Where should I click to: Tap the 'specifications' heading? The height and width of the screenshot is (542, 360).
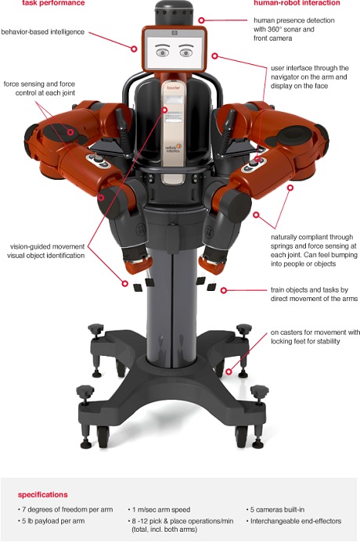(x=42, y=494)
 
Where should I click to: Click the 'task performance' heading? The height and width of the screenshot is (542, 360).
(x=53, y=3)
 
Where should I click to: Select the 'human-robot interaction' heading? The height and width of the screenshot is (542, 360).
(x=297, y=3)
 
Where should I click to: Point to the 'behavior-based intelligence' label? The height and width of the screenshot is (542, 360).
(x=42, y=32)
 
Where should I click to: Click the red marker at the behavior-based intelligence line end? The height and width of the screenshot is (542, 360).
(x=134, y=48)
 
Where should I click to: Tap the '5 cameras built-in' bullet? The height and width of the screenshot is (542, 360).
(x=275, y=509)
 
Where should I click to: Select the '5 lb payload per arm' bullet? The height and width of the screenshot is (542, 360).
(x=51, y=521)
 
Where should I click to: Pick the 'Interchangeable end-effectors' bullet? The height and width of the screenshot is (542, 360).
(x=293, y=521)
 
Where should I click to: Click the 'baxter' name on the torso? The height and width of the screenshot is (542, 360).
(x=173, y=88)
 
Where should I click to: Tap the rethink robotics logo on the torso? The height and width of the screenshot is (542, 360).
(x=174, y=149)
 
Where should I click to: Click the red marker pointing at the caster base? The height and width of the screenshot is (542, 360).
(x=229, y=372)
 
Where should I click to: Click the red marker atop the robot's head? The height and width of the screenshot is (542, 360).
(x=201, y=20)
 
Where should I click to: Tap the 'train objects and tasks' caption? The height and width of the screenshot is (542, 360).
(x=314, y=294)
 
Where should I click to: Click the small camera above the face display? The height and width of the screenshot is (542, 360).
(x=175, y=33)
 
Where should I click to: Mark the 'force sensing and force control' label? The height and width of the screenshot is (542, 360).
(x=39, y=88)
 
